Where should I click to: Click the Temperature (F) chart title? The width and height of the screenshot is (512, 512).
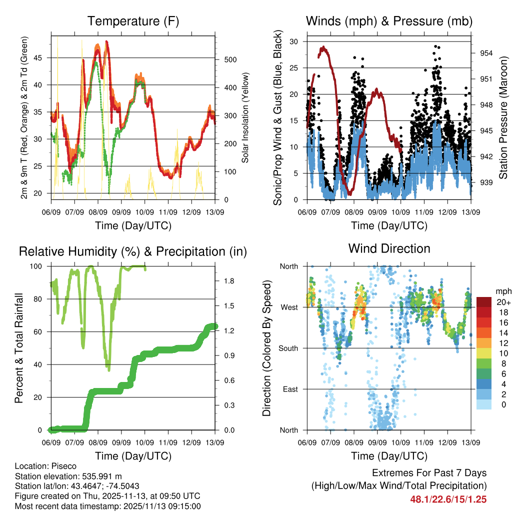133,21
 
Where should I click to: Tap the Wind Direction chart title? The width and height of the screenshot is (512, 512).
389,248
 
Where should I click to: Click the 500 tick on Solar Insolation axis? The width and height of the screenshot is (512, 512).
229,59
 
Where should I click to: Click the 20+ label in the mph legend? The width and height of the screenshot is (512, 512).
502,302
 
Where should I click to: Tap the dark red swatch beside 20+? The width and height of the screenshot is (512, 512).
484,302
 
